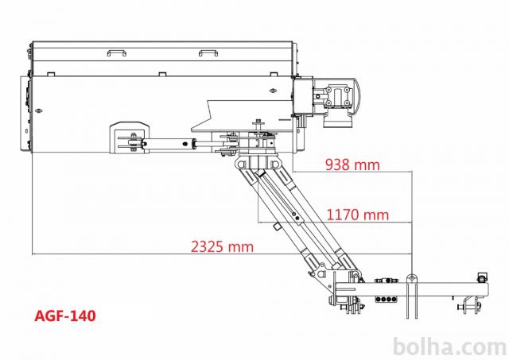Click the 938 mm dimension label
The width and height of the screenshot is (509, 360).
(x=352, y=165)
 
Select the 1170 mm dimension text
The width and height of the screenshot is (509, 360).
(x=357, y=215)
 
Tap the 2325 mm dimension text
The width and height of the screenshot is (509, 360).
(x=222, y=246)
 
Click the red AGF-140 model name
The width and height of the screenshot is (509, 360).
(x=65, y=315)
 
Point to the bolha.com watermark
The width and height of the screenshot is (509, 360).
(x=449, y=347)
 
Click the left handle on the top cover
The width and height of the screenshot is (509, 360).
(x=117, y=53)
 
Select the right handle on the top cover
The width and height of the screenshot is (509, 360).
(x=208, y=53)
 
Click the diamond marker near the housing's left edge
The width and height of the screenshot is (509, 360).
(x=39, y=110)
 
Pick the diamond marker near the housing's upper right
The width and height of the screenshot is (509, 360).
(x=274, y=91)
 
